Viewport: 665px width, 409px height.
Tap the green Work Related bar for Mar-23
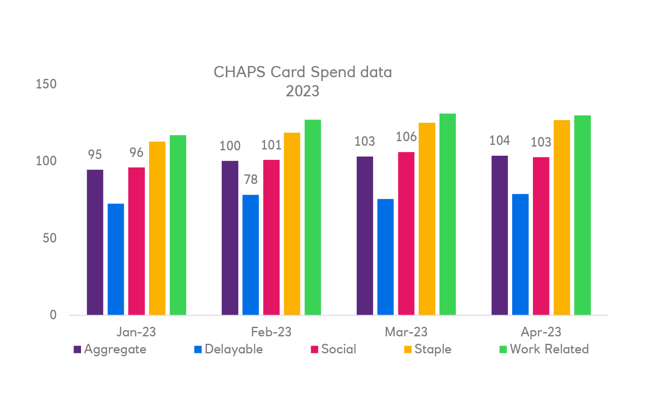pos(447,214)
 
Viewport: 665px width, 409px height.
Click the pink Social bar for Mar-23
pos(406,233)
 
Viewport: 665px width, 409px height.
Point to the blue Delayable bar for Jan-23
pos(116,259)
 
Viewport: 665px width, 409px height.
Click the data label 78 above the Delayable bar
pos(251,179)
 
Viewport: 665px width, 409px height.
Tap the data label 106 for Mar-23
pos(406,137)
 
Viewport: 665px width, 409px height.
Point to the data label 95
pos(95,154)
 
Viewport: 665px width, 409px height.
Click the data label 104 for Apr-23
pos(499,140)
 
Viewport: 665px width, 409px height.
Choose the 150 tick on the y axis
pos(46,84)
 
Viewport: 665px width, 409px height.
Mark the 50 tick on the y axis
pos(49,238)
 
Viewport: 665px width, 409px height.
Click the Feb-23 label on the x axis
pos(271,332)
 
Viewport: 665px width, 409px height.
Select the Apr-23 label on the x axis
pos(541,332)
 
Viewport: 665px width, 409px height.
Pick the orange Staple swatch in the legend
pos(408,350)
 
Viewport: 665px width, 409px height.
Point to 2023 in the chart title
pos(302,91)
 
